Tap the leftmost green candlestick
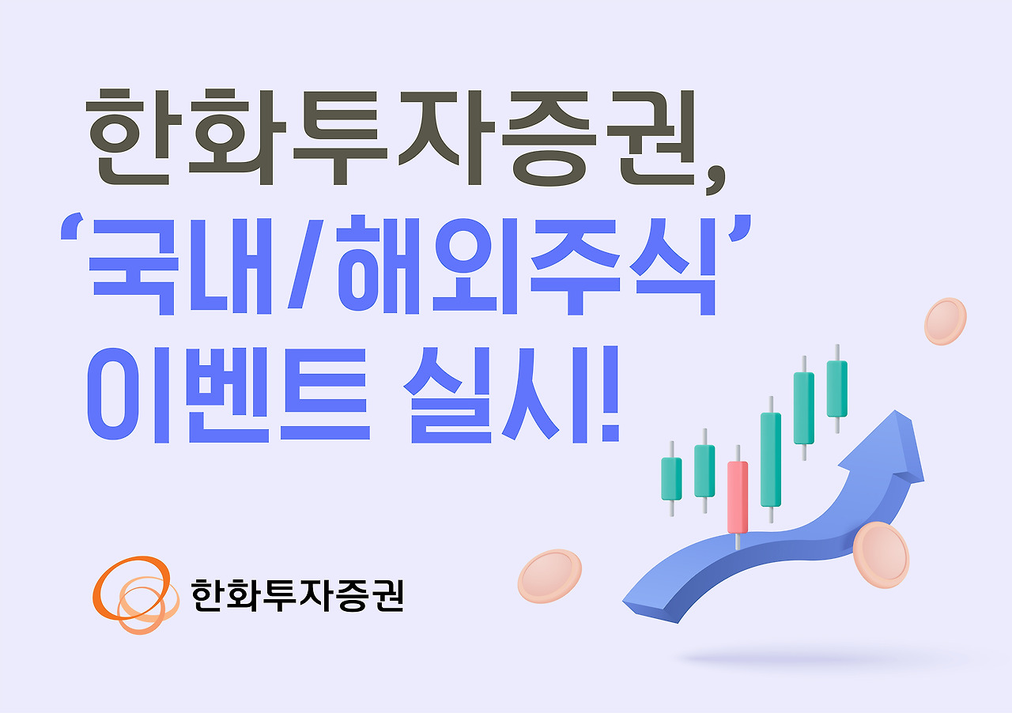pyautogui.click(x=671, y=478)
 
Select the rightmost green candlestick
pyautogui.click(x=836, y=387)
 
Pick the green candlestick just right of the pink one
pyautogui.click(x=771, y=458)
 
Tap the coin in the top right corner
pyautogui.click(x=946, y=321)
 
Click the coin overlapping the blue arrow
pyautogui.click(x=881, y=554)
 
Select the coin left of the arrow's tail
pyautogui.click(x=549, y=575)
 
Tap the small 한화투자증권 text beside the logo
pyautogui.click(x=297, y=594)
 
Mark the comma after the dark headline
pyautogui.click(x=716, y=178)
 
